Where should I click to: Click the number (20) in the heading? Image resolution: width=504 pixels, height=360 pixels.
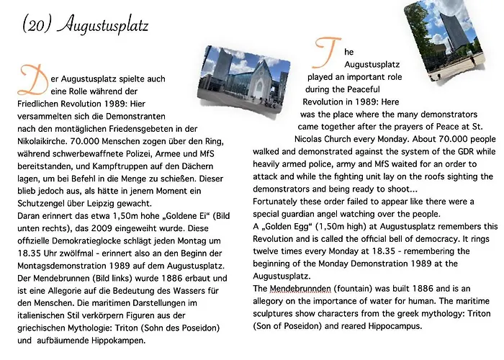(x=35, y=26)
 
